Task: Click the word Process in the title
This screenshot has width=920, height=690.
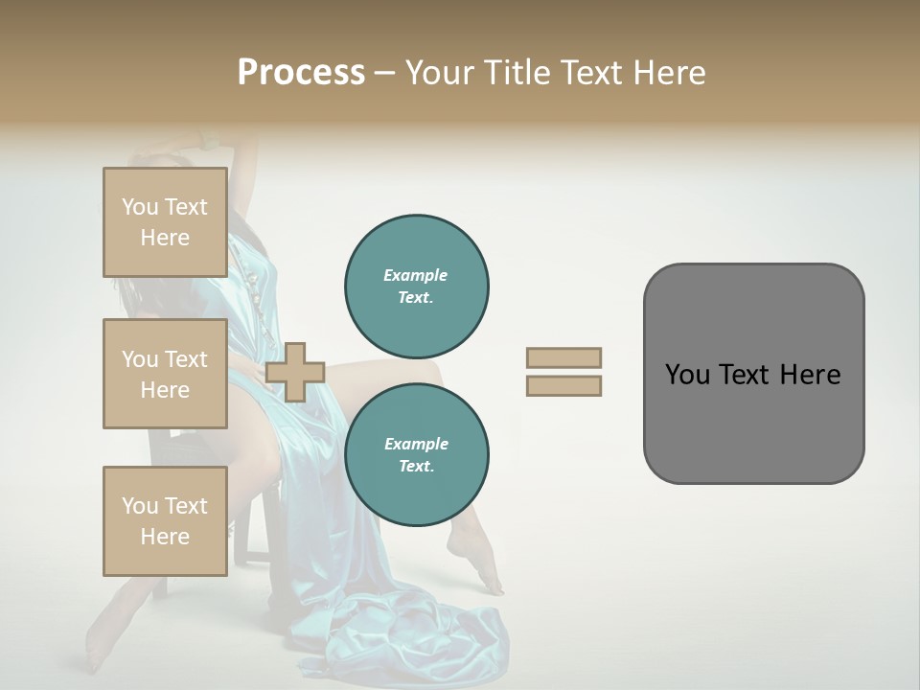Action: (x=301, y=72)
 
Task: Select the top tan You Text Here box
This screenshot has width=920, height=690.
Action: (x=165, y=222)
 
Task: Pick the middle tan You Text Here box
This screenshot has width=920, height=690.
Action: (x=165, y=374)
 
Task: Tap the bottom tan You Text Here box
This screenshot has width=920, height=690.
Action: (x=165, y=520)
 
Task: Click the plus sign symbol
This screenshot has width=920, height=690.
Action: (x=295, y=372)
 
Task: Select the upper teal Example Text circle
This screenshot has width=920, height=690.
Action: (x=417, y=287)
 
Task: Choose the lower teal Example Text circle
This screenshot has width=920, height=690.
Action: (x=417, y=455)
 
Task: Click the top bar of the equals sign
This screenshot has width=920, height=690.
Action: (x=564, y=357)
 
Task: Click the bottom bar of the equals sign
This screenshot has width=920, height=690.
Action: (x=564, y=386)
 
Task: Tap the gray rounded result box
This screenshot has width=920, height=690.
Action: (x=753, y=422)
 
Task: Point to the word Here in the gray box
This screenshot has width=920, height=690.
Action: (x=811, y=375)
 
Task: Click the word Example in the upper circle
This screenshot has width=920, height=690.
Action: (x=415, y=275)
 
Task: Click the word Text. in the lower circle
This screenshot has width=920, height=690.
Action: (x=415, y=467)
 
